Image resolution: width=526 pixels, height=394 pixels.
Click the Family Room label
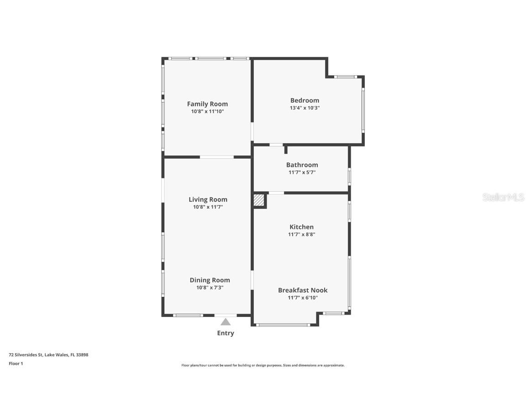coord(207,104)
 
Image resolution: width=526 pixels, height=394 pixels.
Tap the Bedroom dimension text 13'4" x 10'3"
coord(305,108)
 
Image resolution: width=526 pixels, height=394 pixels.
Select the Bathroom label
coord(302,165)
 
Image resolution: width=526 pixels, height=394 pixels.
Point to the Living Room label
coord(208,199)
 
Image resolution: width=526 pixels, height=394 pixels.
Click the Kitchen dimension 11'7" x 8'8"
coord(301,234)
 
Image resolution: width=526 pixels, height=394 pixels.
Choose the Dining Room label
coord(210,280)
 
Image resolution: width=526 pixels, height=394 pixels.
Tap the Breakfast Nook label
coord(303,290)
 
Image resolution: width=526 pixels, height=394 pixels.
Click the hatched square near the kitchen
coord(259,200)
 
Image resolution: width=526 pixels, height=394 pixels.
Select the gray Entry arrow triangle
coord(226,321)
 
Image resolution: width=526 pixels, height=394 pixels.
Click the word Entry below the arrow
coord(226,333)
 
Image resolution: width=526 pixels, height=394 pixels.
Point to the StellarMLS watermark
coord(504,197)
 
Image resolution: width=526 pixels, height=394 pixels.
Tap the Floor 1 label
coord(16,363)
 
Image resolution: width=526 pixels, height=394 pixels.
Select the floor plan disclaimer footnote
coord(263,365)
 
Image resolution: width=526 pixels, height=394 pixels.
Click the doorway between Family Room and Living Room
coord(217,157)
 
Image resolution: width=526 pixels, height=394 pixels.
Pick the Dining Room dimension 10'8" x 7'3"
coord(210,288)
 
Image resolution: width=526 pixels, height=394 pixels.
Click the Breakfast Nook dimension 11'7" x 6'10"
coord(303,298)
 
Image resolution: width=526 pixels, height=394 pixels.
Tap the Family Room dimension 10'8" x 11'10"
coord(207,111)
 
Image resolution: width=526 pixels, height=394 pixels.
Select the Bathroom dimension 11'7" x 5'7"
coord(302,172)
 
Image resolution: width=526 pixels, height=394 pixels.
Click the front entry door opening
coord(226,315)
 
